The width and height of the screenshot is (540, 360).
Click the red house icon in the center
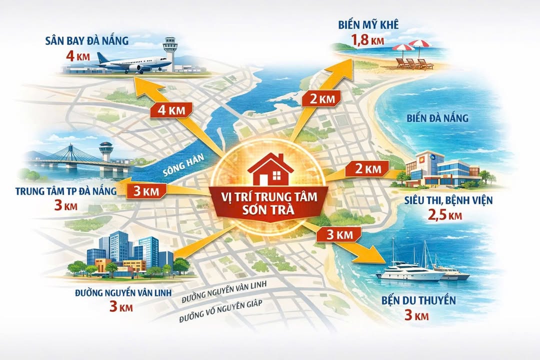coord(270,169)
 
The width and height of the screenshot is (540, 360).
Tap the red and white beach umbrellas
coord(412,47)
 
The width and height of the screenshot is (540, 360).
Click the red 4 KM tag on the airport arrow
coord(166,110)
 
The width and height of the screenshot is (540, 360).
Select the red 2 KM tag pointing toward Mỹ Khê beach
coord(320,98)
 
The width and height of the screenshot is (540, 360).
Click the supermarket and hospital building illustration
coord(440,170)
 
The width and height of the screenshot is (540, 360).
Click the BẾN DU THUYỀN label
coord(411,300)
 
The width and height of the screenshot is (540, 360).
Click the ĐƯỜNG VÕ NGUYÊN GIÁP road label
coord(222,304)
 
